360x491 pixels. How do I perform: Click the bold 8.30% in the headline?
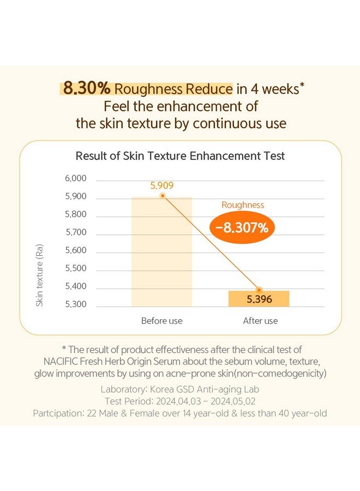[87, 88]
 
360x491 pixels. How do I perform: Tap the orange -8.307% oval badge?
[242, 227]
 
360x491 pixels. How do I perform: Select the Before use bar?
[161, 252]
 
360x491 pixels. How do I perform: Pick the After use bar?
[259, 299]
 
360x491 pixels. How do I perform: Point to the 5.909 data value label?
[162, 185]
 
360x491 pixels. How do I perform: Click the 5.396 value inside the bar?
[259, 300]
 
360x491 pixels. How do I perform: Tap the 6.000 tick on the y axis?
[75, 178]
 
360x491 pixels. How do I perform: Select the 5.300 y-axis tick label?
[75, 304]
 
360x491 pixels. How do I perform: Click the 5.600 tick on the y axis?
[75, 250]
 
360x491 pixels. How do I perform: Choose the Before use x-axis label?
[161, 321]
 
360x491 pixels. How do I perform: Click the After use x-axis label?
[260, 321]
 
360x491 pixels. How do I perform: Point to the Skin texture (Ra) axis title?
[39, 276]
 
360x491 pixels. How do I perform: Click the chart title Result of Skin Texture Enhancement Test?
[180, 155]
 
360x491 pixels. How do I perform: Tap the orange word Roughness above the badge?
[243, 205]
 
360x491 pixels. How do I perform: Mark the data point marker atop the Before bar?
[163, 196]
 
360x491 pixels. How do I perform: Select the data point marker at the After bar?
[259, 290]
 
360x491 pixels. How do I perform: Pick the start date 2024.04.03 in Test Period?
[178, 401]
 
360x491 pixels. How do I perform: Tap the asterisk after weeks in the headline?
[302, 85]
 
